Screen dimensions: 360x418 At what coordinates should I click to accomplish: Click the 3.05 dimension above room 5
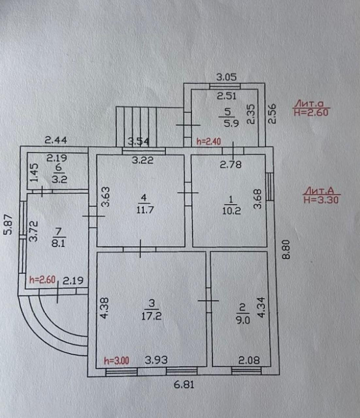click(x=226, y=77)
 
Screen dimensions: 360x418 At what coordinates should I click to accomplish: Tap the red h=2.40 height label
click(x=208, y=141)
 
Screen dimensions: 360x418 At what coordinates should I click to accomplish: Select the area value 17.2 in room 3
click(x=152, y=316)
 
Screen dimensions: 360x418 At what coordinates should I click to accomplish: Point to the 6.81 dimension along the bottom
click(x=184, y=384)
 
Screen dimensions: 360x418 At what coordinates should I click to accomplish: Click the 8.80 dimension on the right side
click(x=286, y=249)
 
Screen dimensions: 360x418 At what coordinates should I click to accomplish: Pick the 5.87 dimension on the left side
click(x=8, y=225)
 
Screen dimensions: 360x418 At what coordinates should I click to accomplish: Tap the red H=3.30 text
click(x=321, y=200)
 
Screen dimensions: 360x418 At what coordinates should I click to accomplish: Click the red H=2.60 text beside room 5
click(x=311, y=113)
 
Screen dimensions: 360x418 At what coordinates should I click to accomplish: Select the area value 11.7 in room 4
click(x=145, y=210)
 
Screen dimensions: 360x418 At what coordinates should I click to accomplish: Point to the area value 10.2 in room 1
click(x=231, y=211)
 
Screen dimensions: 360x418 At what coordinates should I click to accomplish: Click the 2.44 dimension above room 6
click(x=56, y=140)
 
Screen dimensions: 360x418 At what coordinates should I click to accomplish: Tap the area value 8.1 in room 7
click(x=58, y=244)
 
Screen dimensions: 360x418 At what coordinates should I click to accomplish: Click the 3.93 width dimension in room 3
click(x=156, y=360)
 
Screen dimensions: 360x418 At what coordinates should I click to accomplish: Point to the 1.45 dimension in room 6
click(x=34, y=173)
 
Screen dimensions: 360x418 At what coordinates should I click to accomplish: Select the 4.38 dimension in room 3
click(x=105, y=308)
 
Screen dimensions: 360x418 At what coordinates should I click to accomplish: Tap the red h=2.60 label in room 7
click(x=42, y=280)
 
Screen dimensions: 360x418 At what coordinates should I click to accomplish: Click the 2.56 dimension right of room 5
click(x=272, y=114)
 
